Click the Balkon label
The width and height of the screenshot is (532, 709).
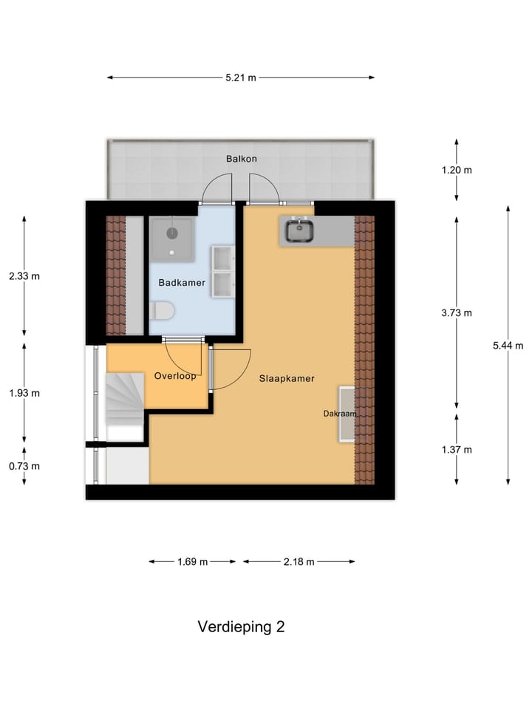242,159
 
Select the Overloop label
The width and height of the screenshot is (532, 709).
175,376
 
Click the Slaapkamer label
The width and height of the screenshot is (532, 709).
287,378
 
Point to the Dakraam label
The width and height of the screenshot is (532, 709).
339,414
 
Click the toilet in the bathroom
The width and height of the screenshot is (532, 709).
162,312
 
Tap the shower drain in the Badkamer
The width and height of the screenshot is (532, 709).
172,233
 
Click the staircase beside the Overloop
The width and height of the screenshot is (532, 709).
124,399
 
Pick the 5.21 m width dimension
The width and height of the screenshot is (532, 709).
241,78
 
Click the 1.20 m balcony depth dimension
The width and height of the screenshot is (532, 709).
457,170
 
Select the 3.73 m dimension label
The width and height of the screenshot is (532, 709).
457,312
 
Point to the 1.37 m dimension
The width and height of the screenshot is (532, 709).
457,449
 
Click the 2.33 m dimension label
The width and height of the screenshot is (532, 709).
24,276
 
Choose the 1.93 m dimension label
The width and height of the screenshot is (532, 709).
24,393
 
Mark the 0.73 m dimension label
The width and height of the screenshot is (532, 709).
24,466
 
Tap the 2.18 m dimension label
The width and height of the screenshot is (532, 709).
299,561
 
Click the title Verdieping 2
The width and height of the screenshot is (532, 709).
241,627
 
